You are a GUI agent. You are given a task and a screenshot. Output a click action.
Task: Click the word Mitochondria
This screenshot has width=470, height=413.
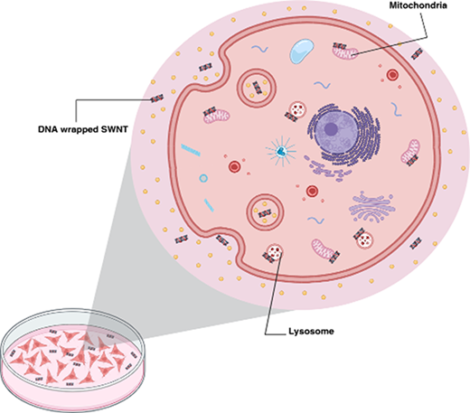tap(418, 5)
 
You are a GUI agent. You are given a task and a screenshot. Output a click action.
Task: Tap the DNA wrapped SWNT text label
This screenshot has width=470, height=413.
tap(83, 129)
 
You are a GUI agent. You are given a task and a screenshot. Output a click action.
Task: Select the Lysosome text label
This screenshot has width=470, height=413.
tap(311, 332)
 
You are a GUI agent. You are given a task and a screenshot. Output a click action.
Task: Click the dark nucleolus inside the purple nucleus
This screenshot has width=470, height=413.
tap(331, 129)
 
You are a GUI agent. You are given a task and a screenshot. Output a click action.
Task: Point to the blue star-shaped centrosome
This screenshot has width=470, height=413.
tap(281, 151)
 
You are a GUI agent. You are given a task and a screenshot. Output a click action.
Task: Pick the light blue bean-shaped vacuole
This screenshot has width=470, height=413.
tap(302, 51)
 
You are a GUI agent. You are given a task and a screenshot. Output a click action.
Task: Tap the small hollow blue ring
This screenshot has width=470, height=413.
tap(203, 178)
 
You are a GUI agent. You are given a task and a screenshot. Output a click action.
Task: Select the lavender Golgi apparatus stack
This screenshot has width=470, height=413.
tap(371, 207)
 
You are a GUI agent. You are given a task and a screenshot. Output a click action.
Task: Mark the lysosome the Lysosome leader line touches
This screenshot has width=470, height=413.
tap(275, 251)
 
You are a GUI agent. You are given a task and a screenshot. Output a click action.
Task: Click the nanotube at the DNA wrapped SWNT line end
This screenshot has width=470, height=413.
tap(157, 99)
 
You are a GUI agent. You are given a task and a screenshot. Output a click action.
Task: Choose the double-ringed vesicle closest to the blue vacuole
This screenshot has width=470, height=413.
tap(257, 88)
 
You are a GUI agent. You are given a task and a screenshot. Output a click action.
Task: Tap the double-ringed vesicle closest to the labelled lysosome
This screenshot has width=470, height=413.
tap(265, 212)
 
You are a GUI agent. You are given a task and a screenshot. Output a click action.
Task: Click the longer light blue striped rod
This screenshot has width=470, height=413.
tap(191, 150)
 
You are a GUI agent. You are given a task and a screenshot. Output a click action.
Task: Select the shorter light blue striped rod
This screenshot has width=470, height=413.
tap(209, 205)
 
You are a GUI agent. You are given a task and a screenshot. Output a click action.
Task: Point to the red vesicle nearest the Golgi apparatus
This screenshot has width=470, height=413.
tap(312, 191)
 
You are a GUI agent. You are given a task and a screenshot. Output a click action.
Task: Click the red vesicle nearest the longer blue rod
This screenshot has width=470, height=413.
tap(234, 166)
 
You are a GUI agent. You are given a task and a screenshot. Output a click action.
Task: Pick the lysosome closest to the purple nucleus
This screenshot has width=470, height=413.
tap(297, 109)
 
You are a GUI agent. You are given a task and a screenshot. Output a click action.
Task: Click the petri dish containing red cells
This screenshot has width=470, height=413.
tap(73, 360)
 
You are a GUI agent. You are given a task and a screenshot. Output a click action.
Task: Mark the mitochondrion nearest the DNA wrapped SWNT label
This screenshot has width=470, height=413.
tap(216, 116)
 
